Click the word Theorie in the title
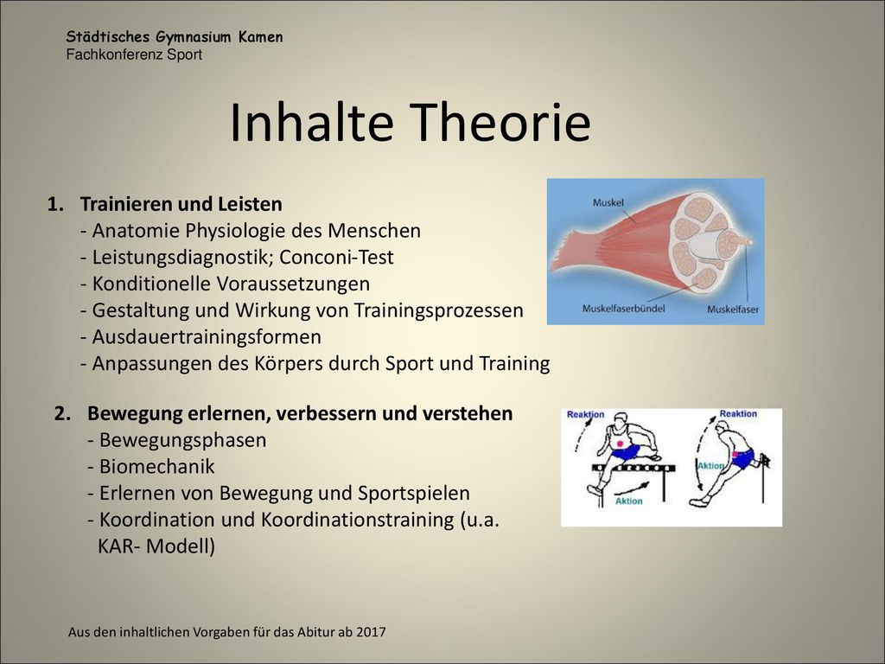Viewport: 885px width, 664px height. click(500, 123)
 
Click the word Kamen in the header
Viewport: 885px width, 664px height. click(260, 37)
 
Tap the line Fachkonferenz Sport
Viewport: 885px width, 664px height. click(134, 54)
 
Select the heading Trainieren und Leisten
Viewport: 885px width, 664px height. click(181, 204)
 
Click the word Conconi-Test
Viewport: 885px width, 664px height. click(336, 257)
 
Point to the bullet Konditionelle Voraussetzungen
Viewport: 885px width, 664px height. click(226, 284)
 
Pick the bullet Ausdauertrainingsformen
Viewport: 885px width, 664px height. click(201, 337)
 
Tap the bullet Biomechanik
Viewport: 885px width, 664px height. click(151, 466)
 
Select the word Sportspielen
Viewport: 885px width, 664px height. click(414, 494)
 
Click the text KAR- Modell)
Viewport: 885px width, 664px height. click(156, 546)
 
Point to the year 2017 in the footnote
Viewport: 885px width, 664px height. click(371, 632)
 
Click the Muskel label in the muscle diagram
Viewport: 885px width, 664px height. click(608, 202)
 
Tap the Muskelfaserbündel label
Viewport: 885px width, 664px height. click(624, 309)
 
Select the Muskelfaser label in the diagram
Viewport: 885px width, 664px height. click(733, 310)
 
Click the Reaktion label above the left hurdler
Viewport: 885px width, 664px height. click(585, 414)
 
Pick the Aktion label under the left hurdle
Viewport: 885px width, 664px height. click(629, 501)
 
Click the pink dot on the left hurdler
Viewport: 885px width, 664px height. click(621, 443)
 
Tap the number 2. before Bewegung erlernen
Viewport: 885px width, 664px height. click(62, 413)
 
